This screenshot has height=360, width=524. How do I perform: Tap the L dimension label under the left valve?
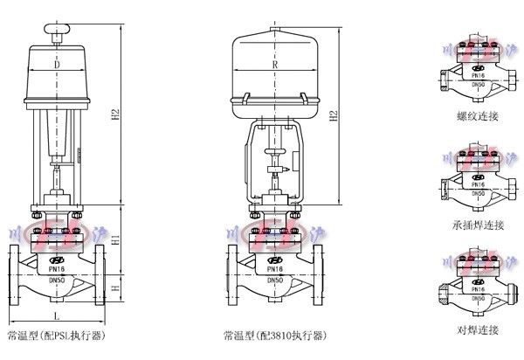click(x=57, y=315)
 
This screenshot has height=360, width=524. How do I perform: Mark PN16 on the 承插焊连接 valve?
click(x=476, y=184)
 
